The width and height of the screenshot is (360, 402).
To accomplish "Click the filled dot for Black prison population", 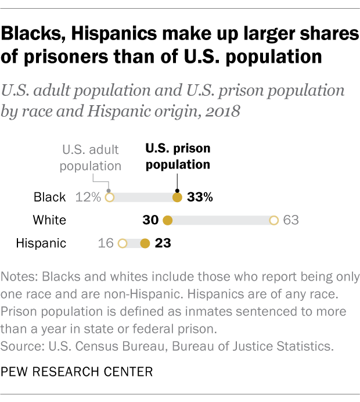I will [x=178, y=198].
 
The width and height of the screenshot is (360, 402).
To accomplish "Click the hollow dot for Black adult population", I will [x=109, y=198].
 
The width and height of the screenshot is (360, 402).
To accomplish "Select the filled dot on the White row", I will [x=168, y=221].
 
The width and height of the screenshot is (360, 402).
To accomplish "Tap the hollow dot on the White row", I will [x=273, y=221].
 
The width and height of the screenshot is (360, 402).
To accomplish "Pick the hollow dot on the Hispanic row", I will [x=123, y=243].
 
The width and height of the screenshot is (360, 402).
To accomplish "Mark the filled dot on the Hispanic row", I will [x=145, y=243].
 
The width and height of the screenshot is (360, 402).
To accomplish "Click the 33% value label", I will [x=200, y=198].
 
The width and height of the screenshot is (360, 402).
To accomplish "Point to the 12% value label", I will [x=88, y=198].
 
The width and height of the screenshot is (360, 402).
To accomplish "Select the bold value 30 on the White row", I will [x=151, y=221].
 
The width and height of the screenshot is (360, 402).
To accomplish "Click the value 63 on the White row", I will [x=290, y=221].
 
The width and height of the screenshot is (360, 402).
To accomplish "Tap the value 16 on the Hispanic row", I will [x=106, y=243].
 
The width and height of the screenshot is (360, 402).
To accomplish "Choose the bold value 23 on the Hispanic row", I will [x=162, y=243].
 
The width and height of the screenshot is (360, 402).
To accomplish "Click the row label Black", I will [x=50, y=198].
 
